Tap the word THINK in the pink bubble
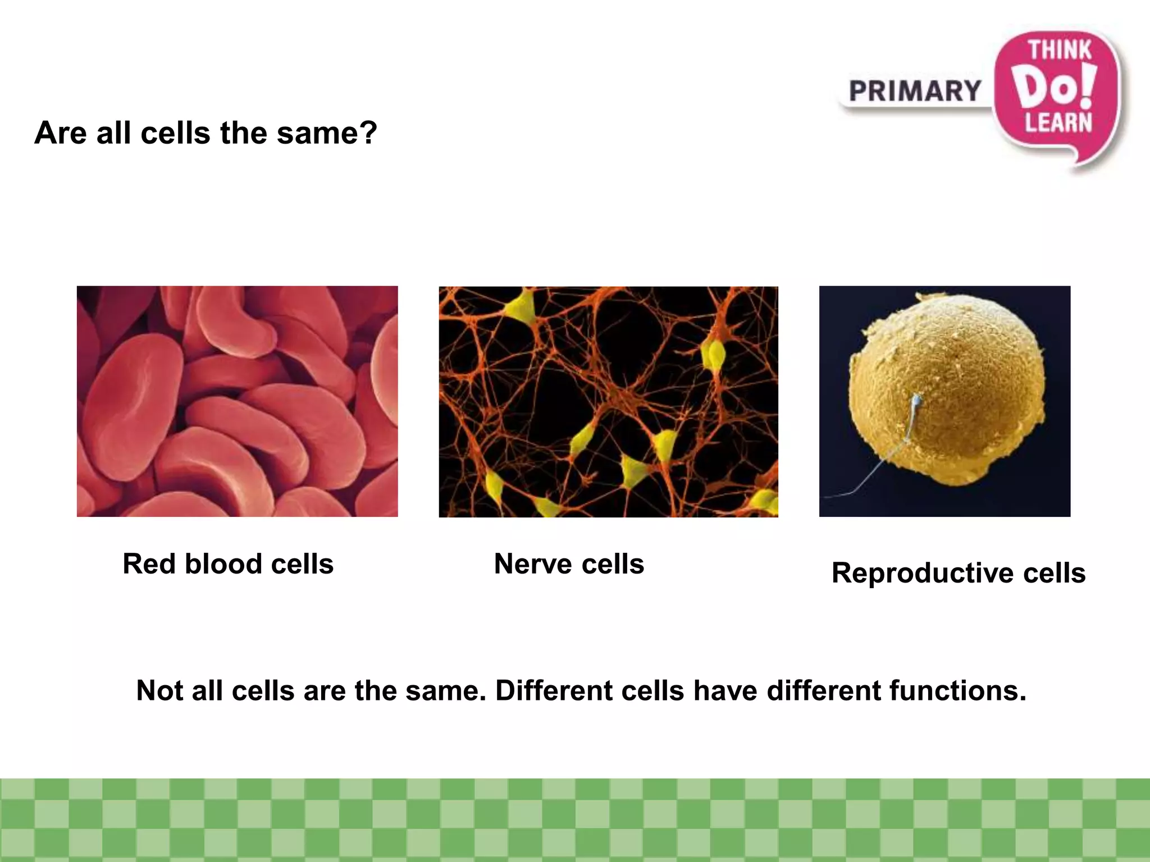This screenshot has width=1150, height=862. tap(1060, 51)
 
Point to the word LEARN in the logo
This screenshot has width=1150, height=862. tap(1058, 123)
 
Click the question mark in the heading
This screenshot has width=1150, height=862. tap(367, 133)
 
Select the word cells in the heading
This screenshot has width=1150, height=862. tap(175, 133)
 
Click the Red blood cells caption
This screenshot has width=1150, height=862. tap(228, 563)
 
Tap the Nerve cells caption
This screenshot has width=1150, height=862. tap(569, 563)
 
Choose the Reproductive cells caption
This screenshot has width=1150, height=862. tap(958, 573)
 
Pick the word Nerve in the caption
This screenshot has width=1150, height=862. tap(533, 563)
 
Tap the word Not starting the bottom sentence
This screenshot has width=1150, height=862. tap(159, 690)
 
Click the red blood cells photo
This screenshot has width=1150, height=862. tap(237, 401)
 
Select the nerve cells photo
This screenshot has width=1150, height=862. tap(608, 401)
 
